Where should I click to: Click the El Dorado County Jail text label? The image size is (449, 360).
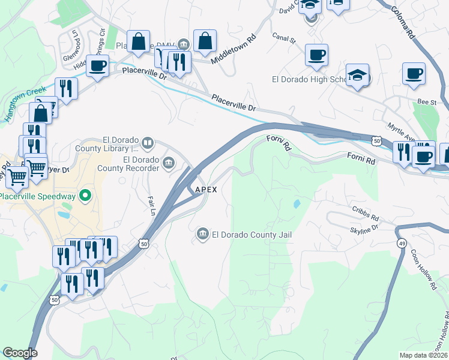click(252, 235)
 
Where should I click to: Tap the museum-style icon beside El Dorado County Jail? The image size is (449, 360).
click(202, 233)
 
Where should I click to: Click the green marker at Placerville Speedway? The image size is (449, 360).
click(85, 195)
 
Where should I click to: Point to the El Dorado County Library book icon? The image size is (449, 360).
click(148, 143)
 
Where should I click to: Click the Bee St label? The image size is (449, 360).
click(427, 103)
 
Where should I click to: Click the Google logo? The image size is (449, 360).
click(20, 353)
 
